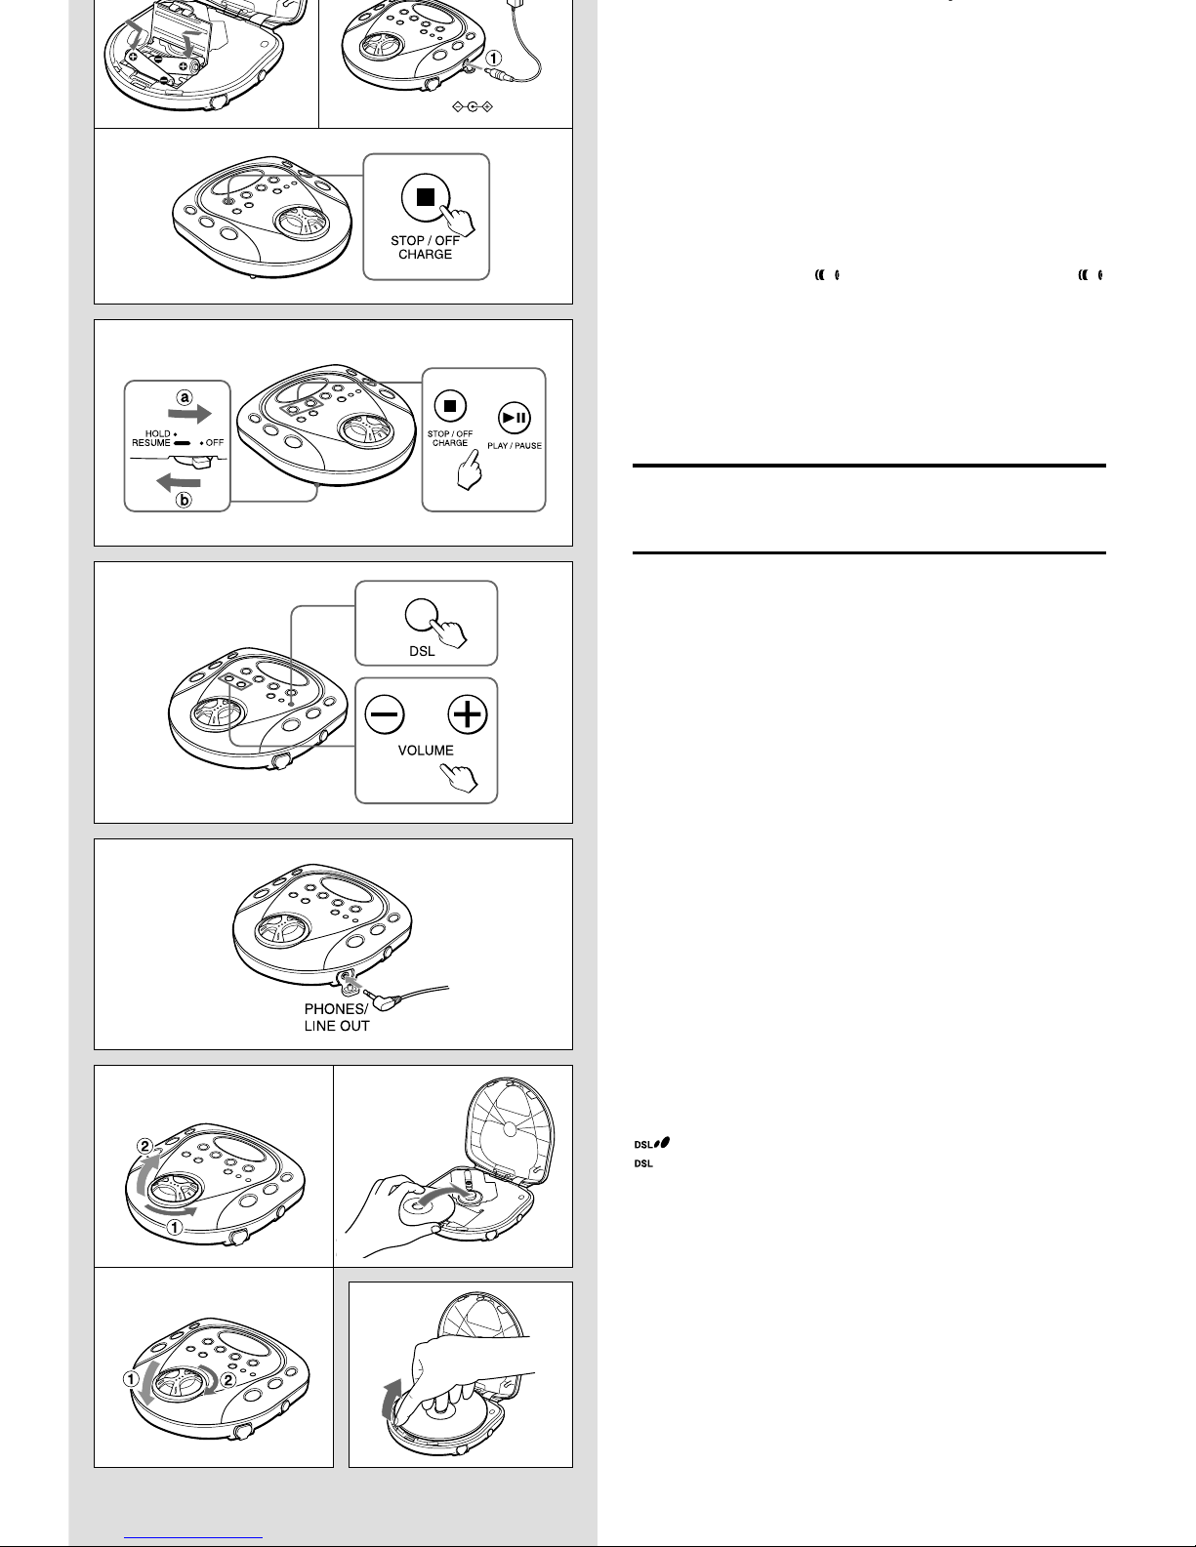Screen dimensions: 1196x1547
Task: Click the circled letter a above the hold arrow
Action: pyautogui.click(x=185, y=397)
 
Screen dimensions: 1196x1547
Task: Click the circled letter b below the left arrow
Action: pyautogui.click(x=184, y=500)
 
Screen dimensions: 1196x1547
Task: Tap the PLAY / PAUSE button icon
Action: pyautogui.click(x=514, y=418)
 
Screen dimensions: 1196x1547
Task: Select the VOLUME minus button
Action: pyautogui.click(x=385, y=714)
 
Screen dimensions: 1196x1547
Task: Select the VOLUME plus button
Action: pyautogui.click(x=468, y=714)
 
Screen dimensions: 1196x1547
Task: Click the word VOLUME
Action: pyautogui.click(x=426, y=751)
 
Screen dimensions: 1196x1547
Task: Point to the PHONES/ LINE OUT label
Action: pyautogui.click(x=337, y=1017)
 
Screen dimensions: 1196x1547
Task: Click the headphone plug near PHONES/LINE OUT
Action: pyautogui.click(x=385, y=999)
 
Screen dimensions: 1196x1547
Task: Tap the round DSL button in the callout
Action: pyautogui.click(x=422, y=615)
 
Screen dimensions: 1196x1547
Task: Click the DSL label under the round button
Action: pyautogui.click(x=422, y=651)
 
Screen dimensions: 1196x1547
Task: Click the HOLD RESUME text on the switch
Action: pyautogui.click(x=151, y=438)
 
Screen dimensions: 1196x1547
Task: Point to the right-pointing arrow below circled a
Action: pyautogui.click(x=189, y=414)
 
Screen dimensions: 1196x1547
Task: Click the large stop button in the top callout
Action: pyautogui.click(x=425, y=196)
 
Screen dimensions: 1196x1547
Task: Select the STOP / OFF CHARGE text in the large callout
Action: pyautogui.click(x=425, y=248)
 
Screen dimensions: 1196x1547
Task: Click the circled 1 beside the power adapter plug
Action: pyautogui.click(x=493, y=58)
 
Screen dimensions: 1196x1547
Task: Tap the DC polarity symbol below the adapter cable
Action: pyautogui.click(x=472, y=106)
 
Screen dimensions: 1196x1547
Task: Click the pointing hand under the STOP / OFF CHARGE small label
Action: pyautogui.click(x=469, y=469)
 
